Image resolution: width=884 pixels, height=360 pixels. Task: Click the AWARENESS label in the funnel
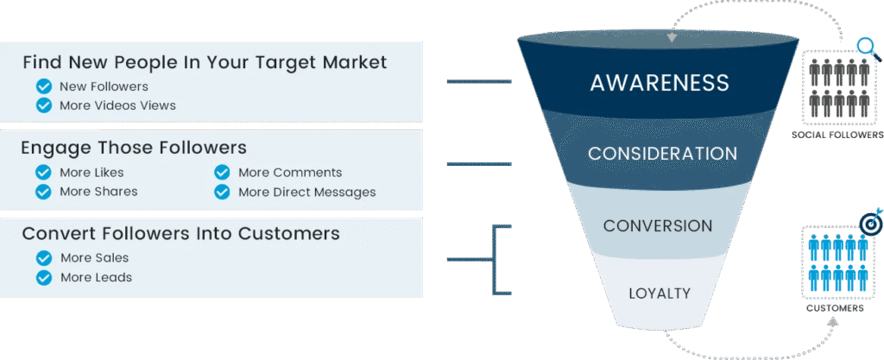tap(660, 83)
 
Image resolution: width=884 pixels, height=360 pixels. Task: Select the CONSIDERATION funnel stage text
tap(662, 154)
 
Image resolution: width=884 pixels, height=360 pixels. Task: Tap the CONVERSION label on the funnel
tap(658, 226)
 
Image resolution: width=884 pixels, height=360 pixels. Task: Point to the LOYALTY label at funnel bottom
tap(660, 293)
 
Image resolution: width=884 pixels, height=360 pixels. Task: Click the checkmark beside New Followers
tap(43, 86)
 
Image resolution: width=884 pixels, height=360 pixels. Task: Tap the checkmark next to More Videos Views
tap(43, 105)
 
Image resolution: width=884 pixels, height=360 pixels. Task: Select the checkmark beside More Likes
tap(43, 173)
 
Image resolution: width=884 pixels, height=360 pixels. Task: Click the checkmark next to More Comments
tap(222, 173)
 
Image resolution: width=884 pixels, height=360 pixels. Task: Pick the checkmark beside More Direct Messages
tap(222, 192)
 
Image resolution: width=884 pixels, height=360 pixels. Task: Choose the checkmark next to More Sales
tap(43, 258)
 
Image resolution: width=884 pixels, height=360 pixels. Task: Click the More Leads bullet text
tap(96, 277)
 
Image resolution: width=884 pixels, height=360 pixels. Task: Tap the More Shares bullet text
tap(98, 192)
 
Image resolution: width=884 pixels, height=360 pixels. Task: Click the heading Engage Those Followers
tap(134, 148)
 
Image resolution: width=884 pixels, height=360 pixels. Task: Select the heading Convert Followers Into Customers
tap(180, 234)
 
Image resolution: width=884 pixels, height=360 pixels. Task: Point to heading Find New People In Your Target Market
tap(205, 62)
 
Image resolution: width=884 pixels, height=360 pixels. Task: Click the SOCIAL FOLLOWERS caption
tap(837, 136)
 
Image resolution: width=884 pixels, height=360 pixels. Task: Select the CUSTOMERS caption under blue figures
tap(835, 307)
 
